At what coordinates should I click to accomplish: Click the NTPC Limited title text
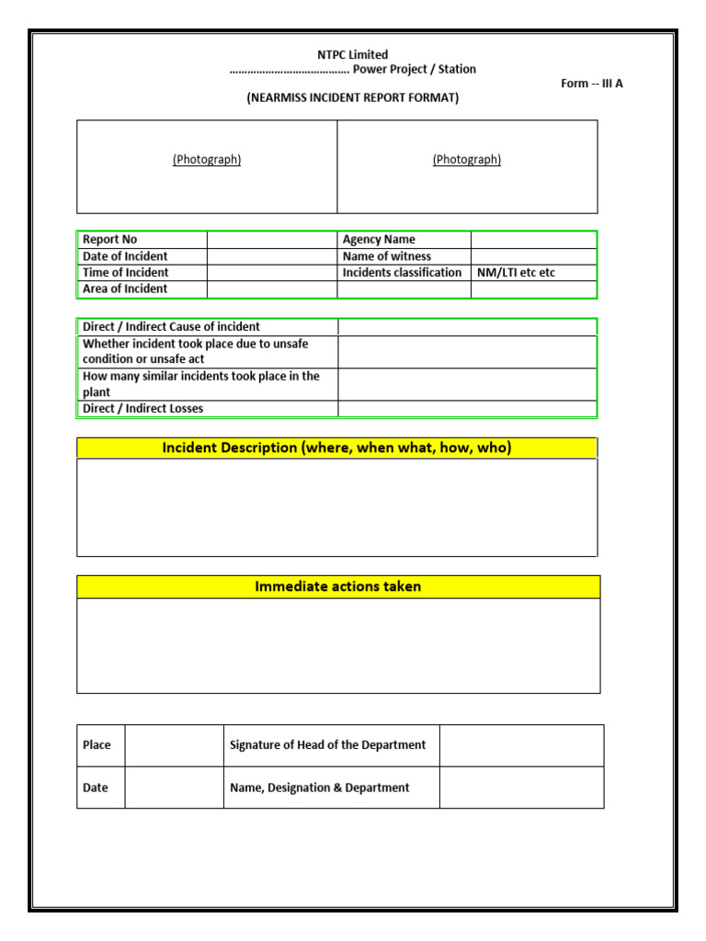pos(353,54)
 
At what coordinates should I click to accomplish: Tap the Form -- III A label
pos(592,84)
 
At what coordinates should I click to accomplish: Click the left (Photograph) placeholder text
pos(207,160)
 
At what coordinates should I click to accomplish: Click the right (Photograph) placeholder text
pos(467,160)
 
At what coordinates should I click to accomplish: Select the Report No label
pos(110,240)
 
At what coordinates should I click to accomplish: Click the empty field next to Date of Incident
pos(271,256)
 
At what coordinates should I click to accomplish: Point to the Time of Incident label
pos(126,273)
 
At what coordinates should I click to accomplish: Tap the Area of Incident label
pos(125,289)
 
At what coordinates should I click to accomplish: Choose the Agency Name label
pos(379,240)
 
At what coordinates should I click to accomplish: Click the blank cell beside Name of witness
pos(533,256)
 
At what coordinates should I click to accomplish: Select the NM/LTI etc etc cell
pos(517,273)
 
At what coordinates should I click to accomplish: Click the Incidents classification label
pos(402,273)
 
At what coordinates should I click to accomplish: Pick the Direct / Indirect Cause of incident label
pos(171,327)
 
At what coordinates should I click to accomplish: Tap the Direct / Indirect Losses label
pos(143,409)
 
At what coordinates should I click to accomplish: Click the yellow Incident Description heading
pos(336,448)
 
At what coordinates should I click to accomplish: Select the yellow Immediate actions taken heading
pos(337,586)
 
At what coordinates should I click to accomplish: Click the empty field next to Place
pos(174,745)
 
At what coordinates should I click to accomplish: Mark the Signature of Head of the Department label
pos(327,745)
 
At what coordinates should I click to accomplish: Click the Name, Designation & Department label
pos(319,788)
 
